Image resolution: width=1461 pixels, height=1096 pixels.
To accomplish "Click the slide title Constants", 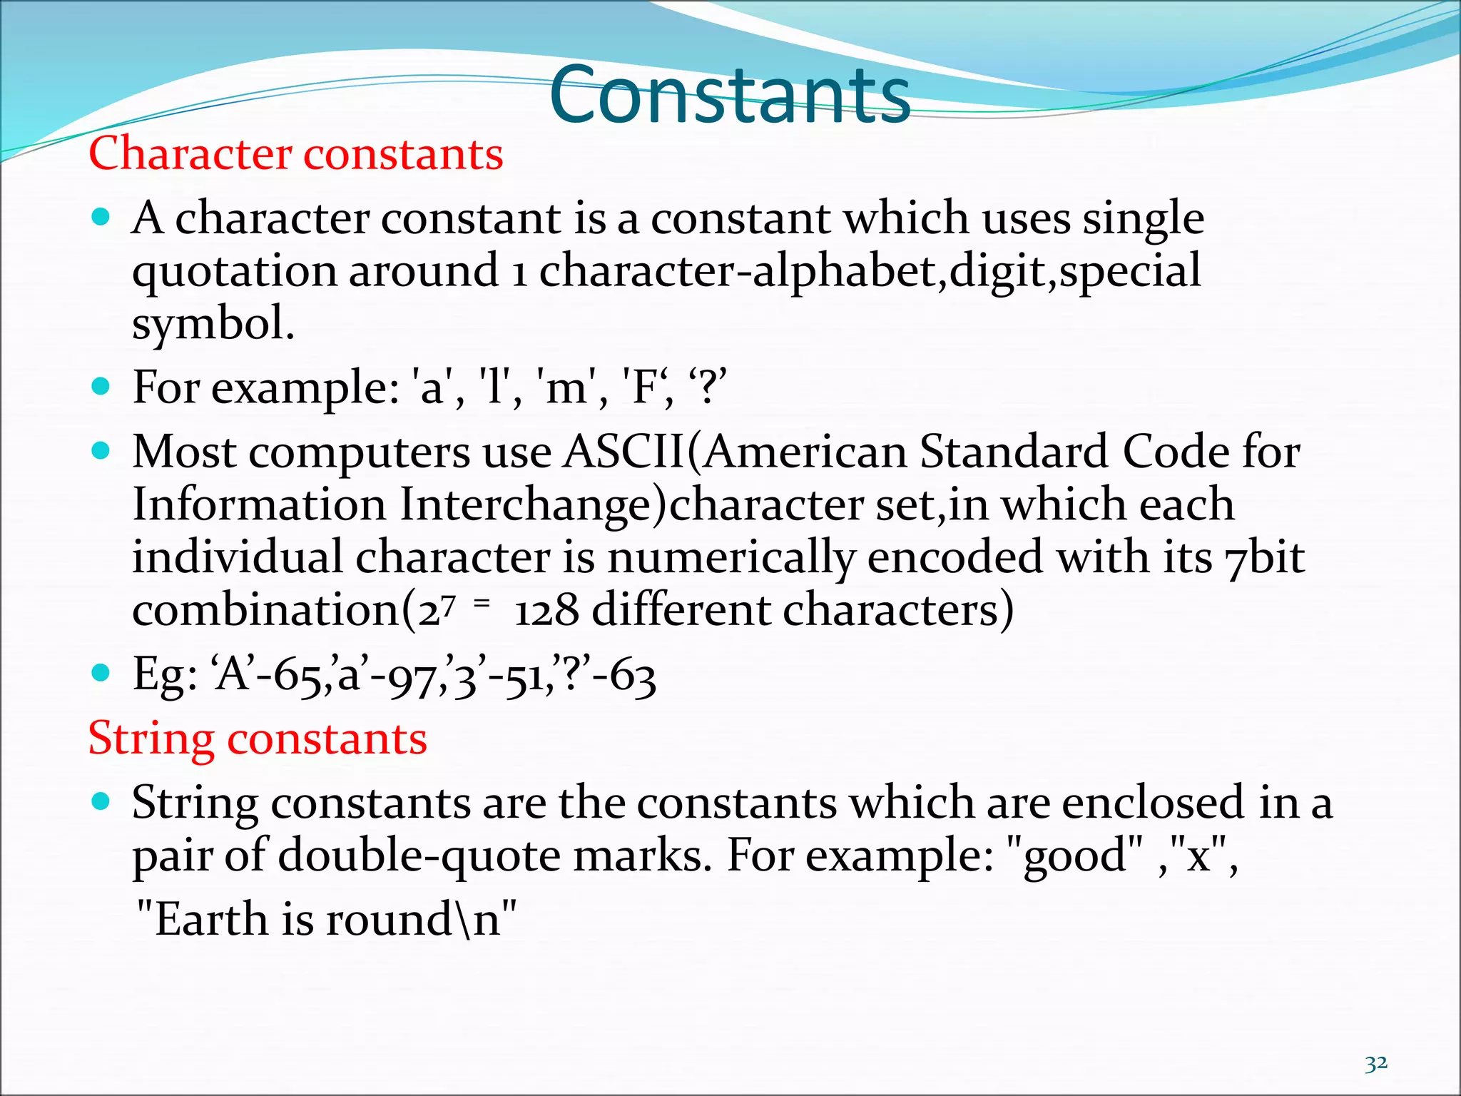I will (730, 95).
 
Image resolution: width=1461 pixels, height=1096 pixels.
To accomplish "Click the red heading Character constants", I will (295, 153).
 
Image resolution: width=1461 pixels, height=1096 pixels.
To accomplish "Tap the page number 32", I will (1375, 1064).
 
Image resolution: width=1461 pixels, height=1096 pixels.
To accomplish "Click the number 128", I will (546, 612).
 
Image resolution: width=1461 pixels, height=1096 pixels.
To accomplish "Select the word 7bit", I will (1265, 558).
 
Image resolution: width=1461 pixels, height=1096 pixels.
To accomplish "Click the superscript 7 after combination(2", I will (447, 607).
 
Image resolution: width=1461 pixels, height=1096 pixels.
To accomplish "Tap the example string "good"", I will (1075, 855).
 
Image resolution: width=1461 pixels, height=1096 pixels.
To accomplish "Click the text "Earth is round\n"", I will (325, 918).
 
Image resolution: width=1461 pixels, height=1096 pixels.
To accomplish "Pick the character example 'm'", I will (566, 388).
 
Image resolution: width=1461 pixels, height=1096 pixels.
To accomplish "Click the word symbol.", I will (212, 325).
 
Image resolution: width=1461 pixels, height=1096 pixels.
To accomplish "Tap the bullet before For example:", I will (101, 387).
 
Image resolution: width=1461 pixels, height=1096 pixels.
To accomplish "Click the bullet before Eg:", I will (101, 673).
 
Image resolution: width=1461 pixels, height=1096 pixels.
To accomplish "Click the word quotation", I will (234, 272).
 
